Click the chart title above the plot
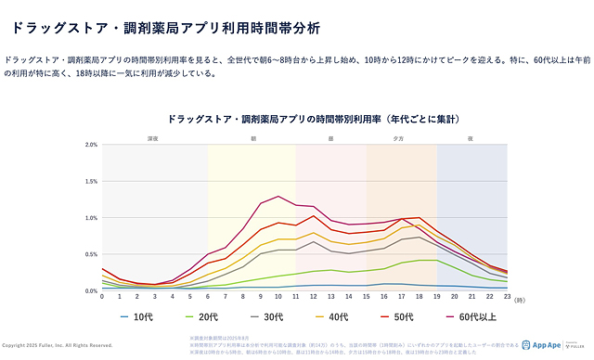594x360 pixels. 315,120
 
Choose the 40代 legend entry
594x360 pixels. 313,317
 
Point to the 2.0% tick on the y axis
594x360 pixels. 91,145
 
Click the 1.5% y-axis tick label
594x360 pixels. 91,181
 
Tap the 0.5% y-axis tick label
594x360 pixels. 91,254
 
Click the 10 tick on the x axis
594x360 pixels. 278,297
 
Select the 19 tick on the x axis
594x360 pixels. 437,297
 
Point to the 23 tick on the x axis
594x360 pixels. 507,297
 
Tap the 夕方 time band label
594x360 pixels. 400,138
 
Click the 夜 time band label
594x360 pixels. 471,138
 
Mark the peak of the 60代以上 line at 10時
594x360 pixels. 278,196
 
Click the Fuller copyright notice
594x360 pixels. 58,345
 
